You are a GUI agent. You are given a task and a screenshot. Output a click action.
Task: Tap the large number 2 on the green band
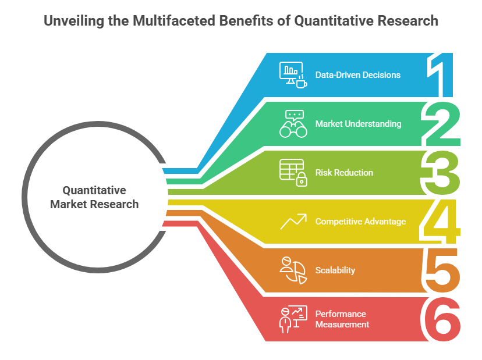[x=441, y=124]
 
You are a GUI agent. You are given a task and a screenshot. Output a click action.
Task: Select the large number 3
[x=440, y=173]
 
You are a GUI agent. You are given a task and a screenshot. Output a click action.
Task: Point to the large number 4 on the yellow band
[x=440, y=222]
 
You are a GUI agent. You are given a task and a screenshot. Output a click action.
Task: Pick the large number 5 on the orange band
[x=441, y=270]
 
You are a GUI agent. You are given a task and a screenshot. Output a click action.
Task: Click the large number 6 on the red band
[x=441, y=319]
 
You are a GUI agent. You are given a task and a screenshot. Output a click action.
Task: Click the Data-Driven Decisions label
[x=358, y=75]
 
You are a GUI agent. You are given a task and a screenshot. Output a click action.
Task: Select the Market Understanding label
[x=358, y=124]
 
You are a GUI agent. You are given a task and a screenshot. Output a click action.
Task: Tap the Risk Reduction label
[x=344, y=173]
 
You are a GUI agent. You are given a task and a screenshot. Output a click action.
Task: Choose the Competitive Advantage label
[x=360, y=222]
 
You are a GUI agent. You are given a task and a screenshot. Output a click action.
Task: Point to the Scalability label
[x=335, y=270]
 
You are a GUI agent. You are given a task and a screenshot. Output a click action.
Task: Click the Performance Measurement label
[x=342, y=319]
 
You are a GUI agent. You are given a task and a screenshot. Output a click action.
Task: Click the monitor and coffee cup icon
[x=293, y=75]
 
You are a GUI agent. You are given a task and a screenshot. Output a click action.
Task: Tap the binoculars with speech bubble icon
[x=293, y=124]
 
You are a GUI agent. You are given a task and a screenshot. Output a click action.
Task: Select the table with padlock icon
[x=293, y=173]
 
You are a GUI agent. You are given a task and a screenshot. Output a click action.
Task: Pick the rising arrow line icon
[x=293, y=222]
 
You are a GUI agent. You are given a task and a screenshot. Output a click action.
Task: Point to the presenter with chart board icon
[x=293, y=319]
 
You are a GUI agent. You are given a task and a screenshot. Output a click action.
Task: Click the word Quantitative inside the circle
[x=94, y=190]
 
